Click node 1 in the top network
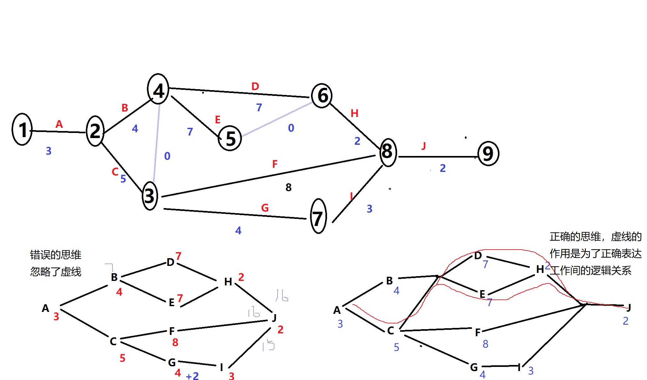point(22,129)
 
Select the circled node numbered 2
point(95,131)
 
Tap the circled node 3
point(149,196)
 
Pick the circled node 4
point(158,89)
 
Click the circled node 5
point(230,138)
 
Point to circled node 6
point(322,96)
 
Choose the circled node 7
point(318,217)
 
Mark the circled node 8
point(387,152)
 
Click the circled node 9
point(488,154)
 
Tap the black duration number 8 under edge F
point(288,187)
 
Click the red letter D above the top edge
point(255,86)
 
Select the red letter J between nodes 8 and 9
point(424,146)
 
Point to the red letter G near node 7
point(265,208)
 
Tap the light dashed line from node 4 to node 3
point(157,144)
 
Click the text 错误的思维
point(56,255)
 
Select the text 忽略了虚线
point(56,272)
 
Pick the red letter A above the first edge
point(59,124)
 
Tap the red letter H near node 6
point(354,113)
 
